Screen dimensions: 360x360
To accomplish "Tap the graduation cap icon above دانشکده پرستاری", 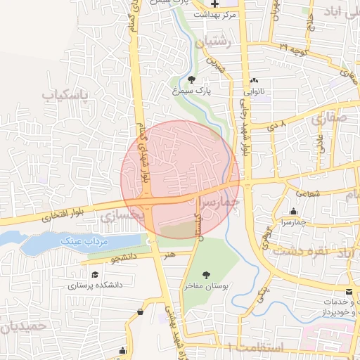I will [x=95, y=274].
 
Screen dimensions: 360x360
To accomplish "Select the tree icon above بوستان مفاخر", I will [x=205, y=275].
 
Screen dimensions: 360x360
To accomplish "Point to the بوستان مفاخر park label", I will [x=205, y=286].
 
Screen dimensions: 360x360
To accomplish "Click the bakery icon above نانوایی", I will [x=254, y=80].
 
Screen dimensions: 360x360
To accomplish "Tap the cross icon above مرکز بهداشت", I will [x=214, y=4].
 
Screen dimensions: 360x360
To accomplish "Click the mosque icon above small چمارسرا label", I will [x=293, y=212].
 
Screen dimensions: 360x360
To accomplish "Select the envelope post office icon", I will [x=349, y=291].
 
